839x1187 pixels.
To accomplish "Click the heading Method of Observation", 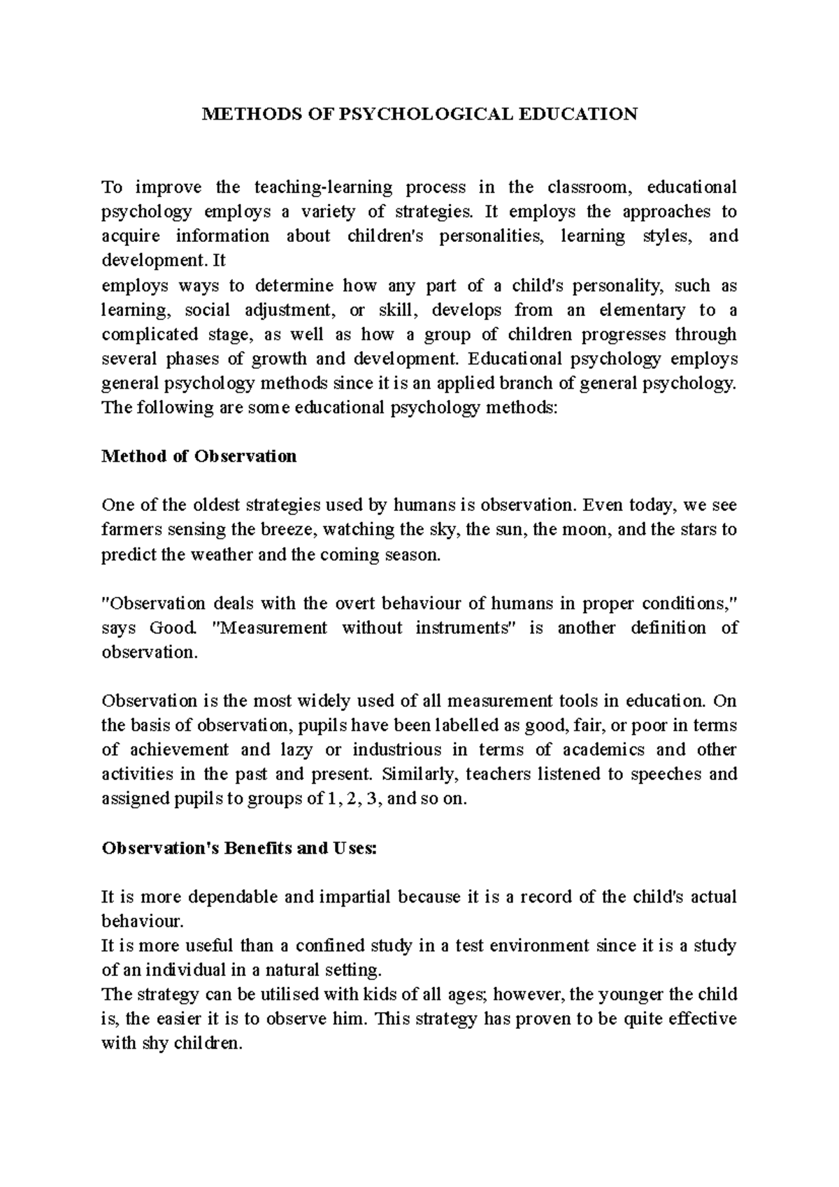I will [199, 456].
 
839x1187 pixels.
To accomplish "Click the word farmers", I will [129, 530].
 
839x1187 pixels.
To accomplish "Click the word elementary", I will [640, 310].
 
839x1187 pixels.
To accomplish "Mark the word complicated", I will [143, 334].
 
